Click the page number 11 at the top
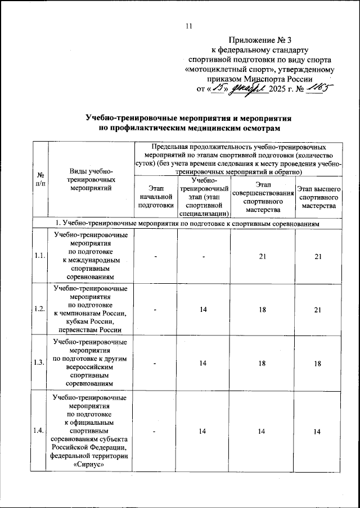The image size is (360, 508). click(189, 25)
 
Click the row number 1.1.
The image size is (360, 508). click(40, 256)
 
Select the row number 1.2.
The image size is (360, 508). click(40, 309)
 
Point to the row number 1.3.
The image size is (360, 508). click(40, 362)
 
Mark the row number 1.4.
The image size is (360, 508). click(40, 431)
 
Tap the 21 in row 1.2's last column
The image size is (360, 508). click(318, 309)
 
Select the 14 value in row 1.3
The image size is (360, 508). click(203, 362)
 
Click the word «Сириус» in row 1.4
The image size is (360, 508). click(91, 463)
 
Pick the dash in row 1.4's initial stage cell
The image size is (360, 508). click(155, 431)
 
